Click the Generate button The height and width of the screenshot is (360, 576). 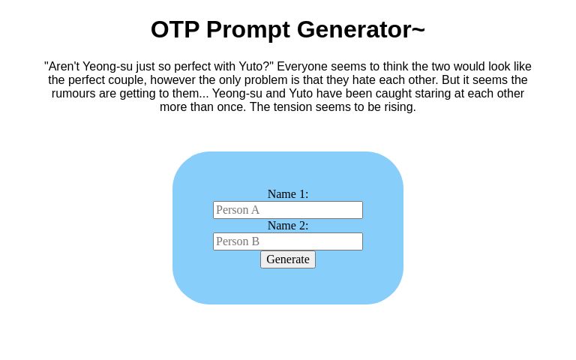tap(288, 259)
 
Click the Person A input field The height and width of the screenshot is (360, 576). tap(288, 210)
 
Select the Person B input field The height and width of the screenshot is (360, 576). tap(288, 241)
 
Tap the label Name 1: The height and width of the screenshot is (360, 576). tap(288, 194)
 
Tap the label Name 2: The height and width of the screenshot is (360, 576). tap(288, 226)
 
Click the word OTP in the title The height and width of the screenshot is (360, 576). tap(175, 29)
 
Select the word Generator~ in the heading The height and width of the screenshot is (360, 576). tap(361, 29)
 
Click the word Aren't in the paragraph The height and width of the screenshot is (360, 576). tap(64, 67)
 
